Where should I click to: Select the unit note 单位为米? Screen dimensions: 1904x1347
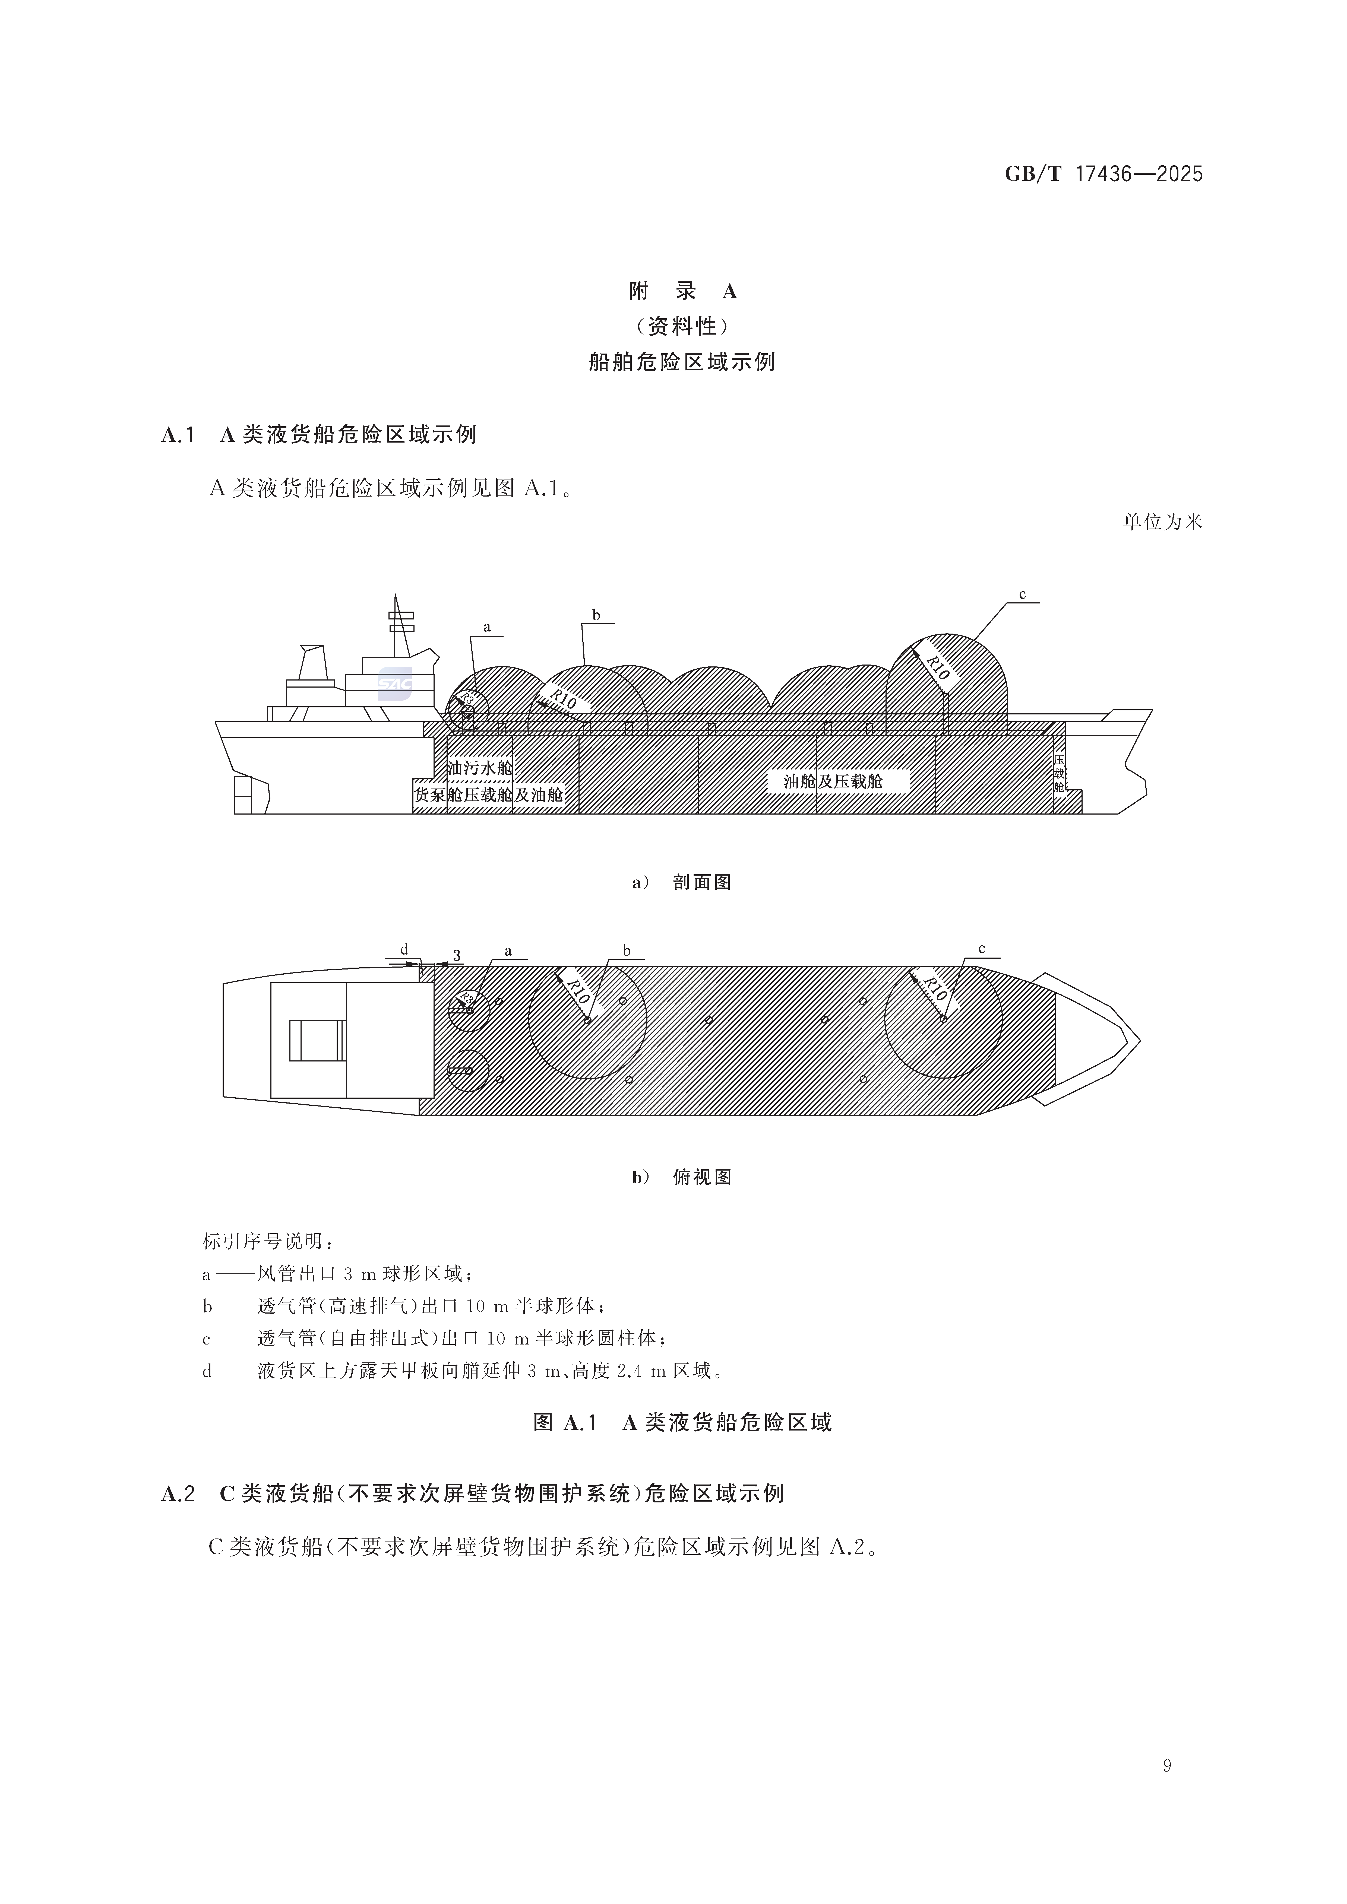coord(1162,522)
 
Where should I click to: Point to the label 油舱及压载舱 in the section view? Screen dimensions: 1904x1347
coord(834,781)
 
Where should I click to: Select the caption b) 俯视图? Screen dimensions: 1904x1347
coord(682,1177)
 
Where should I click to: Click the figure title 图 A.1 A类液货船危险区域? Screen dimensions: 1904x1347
coord(682,1423)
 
